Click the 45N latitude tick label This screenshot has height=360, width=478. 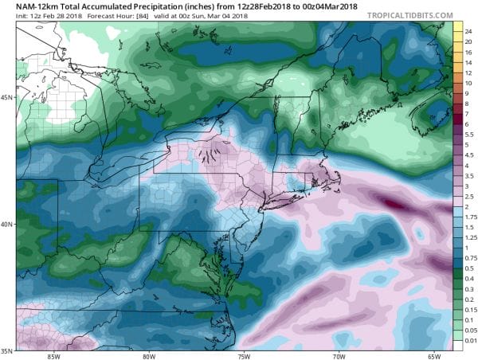(7, 97)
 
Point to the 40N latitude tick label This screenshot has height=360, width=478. (7, 224)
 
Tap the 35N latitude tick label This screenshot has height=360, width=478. (7, 350)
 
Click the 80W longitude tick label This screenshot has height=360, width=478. (148, 356)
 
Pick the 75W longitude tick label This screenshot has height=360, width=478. (242, 356)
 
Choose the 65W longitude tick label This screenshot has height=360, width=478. (433, 356)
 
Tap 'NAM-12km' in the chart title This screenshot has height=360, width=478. (28, 6)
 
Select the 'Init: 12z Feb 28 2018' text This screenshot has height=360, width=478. (36, 16)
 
